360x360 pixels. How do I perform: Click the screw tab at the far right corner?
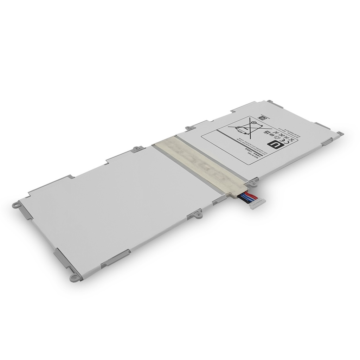tap(340, 133)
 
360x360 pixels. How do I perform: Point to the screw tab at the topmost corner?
tap(270, 101)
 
